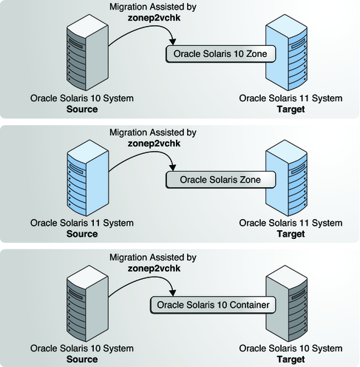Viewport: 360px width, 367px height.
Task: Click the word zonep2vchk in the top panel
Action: point(152,18)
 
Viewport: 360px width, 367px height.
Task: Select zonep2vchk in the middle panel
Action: point(152,144)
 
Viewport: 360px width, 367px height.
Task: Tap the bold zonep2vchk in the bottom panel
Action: point(152,269)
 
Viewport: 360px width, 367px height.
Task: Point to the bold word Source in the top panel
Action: point(81,109)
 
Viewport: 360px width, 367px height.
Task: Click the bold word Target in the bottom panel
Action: point(291,358)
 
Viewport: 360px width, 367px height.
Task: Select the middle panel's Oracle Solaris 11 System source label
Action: point(81,223)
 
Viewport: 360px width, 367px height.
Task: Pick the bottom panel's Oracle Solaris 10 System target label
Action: point(291,348)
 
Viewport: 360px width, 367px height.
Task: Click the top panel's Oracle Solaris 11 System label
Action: point(291,98)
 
